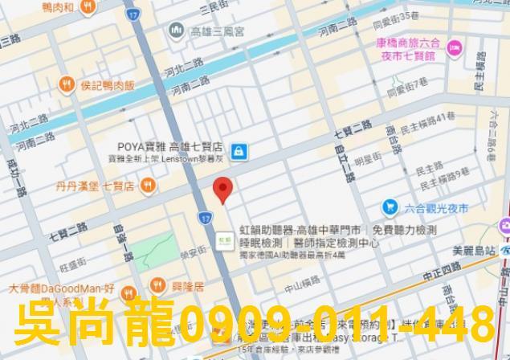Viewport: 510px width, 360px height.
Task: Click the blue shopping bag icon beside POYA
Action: pos(239,150)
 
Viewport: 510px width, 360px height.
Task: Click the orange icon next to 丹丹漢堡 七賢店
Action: pos(147,186)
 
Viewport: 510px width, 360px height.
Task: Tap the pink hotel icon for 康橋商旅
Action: pos(454,49)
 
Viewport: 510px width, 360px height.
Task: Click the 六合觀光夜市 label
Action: pos(436,208)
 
